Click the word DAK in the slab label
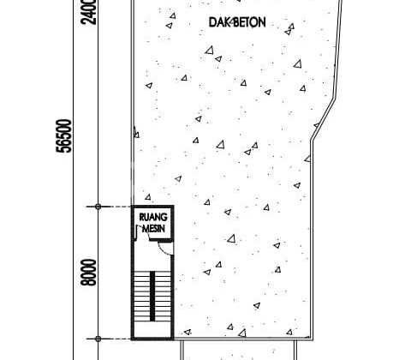[220, 22]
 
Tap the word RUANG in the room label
[153, 217]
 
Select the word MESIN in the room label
[154, 228]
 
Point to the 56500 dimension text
[64, 136]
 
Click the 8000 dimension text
[89, 273]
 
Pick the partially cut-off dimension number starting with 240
[89, 12]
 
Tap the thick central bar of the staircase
[152, 296]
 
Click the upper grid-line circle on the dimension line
[98, 207]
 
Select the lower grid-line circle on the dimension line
[98, 339]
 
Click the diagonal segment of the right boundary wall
[324, 119]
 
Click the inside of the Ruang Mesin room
[153, 223]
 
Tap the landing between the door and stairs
[152, 260]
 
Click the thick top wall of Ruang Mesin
[152, 207]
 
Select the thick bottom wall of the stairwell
[152, 339]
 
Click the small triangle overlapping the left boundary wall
[136, 132]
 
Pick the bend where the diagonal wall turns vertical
[312, 141]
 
